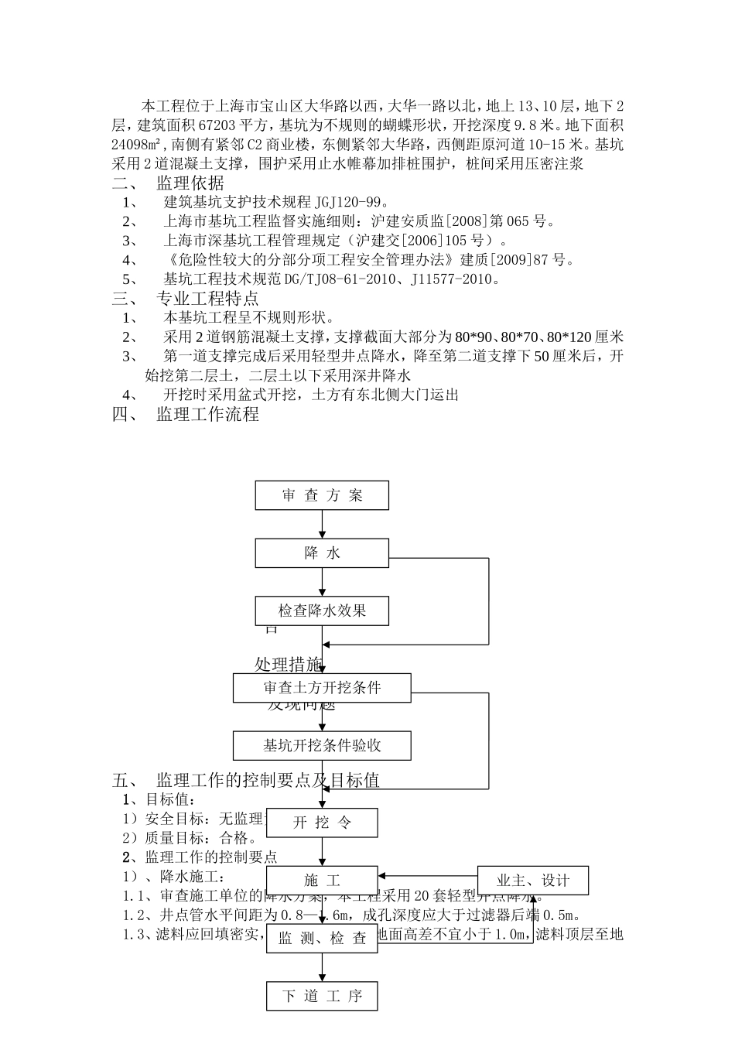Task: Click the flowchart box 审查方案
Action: pos(322,495)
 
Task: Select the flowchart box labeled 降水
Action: pos(322,553)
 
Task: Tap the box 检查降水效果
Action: pos(322,611)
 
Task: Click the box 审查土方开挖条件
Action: pos(322,688)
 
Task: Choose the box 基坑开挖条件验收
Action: pos(322,746)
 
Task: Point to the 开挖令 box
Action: pos(322,823)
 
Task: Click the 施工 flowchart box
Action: pos(322,881)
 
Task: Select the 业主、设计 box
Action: pos(532,881)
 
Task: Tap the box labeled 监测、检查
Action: pos(322,939)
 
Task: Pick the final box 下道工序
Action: pos(322,996)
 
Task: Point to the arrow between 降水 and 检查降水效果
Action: pos(322,582)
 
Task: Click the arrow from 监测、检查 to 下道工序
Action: pos(322,967)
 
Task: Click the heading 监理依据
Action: pos(190,183)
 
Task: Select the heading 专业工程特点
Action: pos(207,299)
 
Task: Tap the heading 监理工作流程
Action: pos(207,414)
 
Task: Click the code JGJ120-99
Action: pos(347,203)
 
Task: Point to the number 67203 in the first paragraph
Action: pos(218,125)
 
